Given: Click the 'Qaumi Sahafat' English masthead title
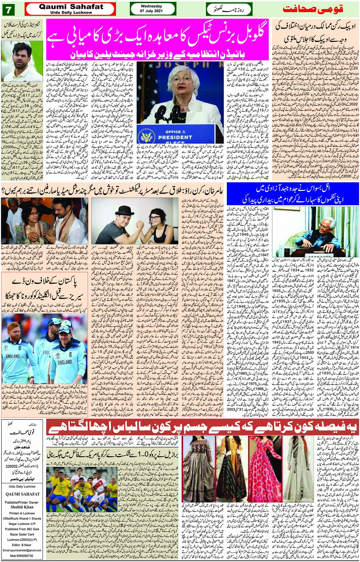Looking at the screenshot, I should coord(71,6).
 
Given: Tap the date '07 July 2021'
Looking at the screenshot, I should coord(151,11).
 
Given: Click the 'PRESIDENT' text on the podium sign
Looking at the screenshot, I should coord(175,137).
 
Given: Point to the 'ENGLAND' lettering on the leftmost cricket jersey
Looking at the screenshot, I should coord(13,356).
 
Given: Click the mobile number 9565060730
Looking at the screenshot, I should coord(22,556).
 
